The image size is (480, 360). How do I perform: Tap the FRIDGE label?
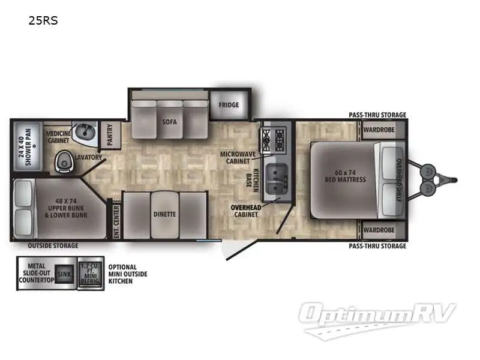(229, 105)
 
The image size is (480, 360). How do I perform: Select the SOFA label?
(169, 121)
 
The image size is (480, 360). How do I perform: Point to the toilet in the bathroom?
(63, 160)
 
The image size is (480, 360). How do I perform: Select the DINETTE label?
(164, 214)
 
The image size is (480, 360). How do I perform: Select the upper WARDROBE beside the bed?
(380, 129)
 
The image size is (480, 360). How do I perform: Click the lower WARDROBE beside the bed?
(380, 230)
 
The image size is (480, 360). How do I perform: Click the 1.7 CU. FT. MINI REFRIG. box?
(88, 274)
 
